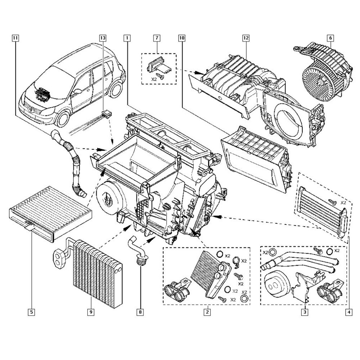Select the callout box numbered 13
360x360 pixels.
[x=103, y=37]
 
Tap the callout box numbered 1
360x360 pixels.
[x=126, y=37]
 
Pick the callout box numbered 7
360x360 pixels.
[x=157, y=37]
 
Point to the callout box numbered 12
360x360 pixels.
[x=246, y=37]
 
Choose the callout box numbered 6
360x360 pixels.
[x=330, y=37]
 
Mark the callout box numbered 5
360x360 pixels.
[x=32, y=312]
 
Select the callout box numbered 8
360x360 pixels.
[x=140, y=312]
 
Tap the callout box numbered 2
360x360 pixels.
[x=207, y=312]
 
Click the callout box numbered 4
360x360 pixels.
[x=348, y=312]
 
